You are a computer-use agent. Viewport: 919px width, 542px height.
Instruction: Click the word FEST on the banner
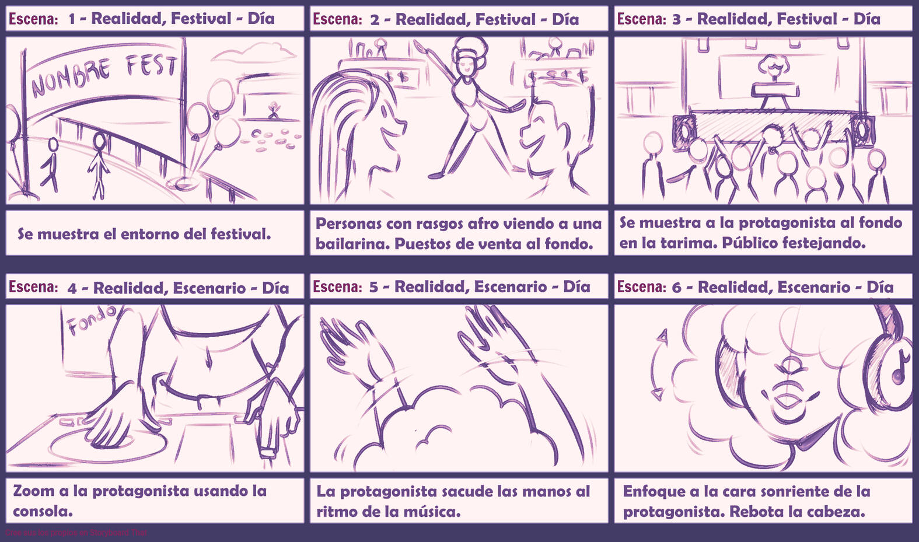(x=152, y=65)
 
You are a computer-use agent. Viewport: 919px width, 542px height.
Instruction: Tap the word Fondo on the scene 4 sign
(x=91, y=320)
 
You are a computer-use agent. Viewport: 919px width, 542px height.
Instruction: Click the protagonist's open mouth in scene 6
(x=788, y=401)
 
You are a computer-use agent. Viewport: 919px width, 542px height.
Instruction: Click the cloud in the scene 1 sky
(x=254, y=53)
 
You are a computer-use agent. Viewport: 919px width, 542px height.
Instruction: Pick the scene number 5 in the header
(x=373, y=287)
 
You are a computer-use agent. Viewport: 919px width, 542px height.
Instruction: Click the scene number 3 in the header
(x=676, y=19)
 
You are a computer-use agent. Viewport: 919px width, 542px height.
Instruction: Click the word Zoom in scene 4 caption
(x=33, y=491)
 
